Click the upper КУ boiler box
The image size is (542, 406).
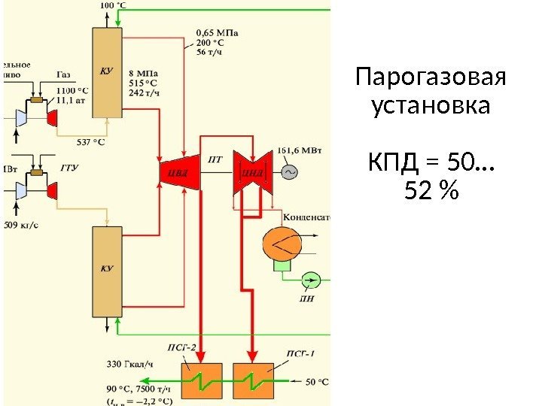(106, 72)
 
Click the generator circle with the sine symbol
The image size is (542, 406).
(288, 171)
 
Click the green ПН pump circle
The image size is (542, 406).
(311, 280)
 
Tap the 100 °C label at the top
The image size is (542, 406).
(113, 5)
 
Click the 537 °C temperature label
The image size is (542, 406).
(91, 141)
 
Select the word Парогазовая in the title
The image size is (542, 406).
(431, 77)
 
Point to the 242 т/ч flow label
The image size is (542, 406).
(145, 93)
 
